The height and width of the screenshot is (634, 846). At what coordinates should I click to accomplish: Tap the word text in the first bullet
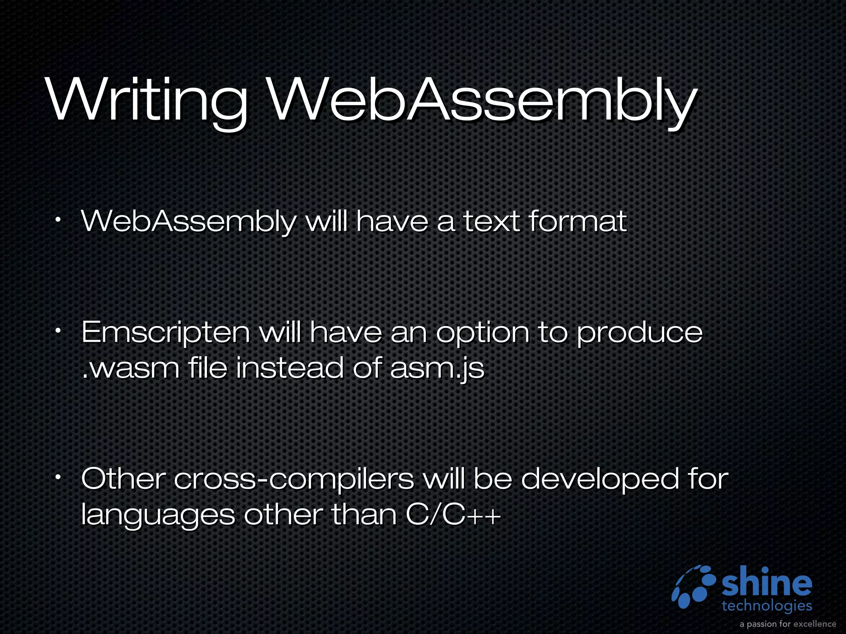[x=491, y=221]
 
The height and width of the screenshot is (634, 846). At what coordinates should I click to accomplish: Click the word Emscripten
[x=166, y=333]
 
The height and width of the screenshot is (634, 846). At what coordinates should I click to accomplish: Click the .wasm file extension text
[x=131, y=369]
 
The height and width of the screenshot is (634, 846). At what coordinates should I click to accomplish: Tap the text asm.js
[x=437, y=369]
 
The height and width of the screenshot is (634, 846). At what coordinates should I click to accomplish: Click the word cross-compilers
[x=294, y=480]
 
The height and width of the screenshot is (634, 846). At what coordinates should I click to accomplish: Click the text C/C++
[x=453, y=515]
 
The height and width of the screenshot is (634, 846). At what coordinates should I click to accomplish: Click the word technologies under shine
[x=767, y=606]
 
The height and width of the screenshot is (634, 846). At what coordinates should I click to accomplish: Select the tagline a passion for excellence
[x=788, y=624]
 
